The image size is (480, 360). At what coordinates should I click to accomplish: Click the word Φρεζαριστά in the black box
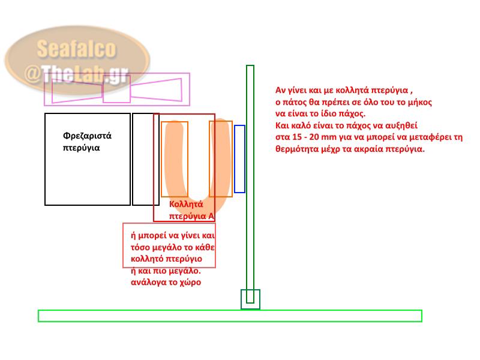[x=87, y=136]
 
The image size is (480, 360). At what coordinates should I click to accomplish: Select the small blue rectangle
[x=239, y=159]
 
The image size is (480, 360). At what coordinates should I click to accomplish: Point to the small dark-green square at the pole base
[x=250, y=299]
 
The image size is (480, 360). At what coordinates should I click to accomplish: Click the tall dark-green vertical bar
[x=250, y=180]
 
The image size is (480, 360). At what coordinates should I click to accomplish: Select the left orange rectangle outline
[x=175, y=159]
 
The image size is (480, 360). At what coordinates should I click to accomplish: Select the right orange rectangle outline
[x=220, y=159]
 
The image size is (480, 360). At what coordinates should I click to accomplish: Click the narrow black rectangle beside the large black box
[x=146, y=159]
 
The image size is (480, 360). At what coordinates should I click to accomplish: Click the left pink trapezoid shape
[x=77, y=90]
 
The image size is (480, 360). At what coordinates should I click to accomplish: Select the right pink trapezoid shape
[x=157, y=90]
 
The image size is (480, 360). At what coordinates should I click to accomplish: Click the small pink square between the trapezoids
[x=116, y=92]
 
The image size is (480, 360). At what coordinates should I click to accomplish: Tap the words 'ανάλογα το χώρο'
[x=166, y=281]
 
